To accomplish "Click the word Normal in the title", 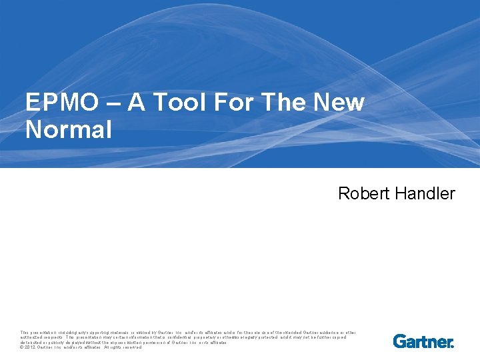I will tap(69, 129).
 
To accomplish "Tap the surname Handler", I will tap(425, 194).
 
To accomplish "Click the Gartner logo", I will tap(423, 341).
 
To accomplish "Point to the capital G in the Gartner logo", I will tap(399, 341).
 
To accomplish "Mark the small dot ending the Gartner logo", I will tap(453, 345).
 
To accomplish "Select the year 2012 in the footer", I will tap(31, 347).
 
